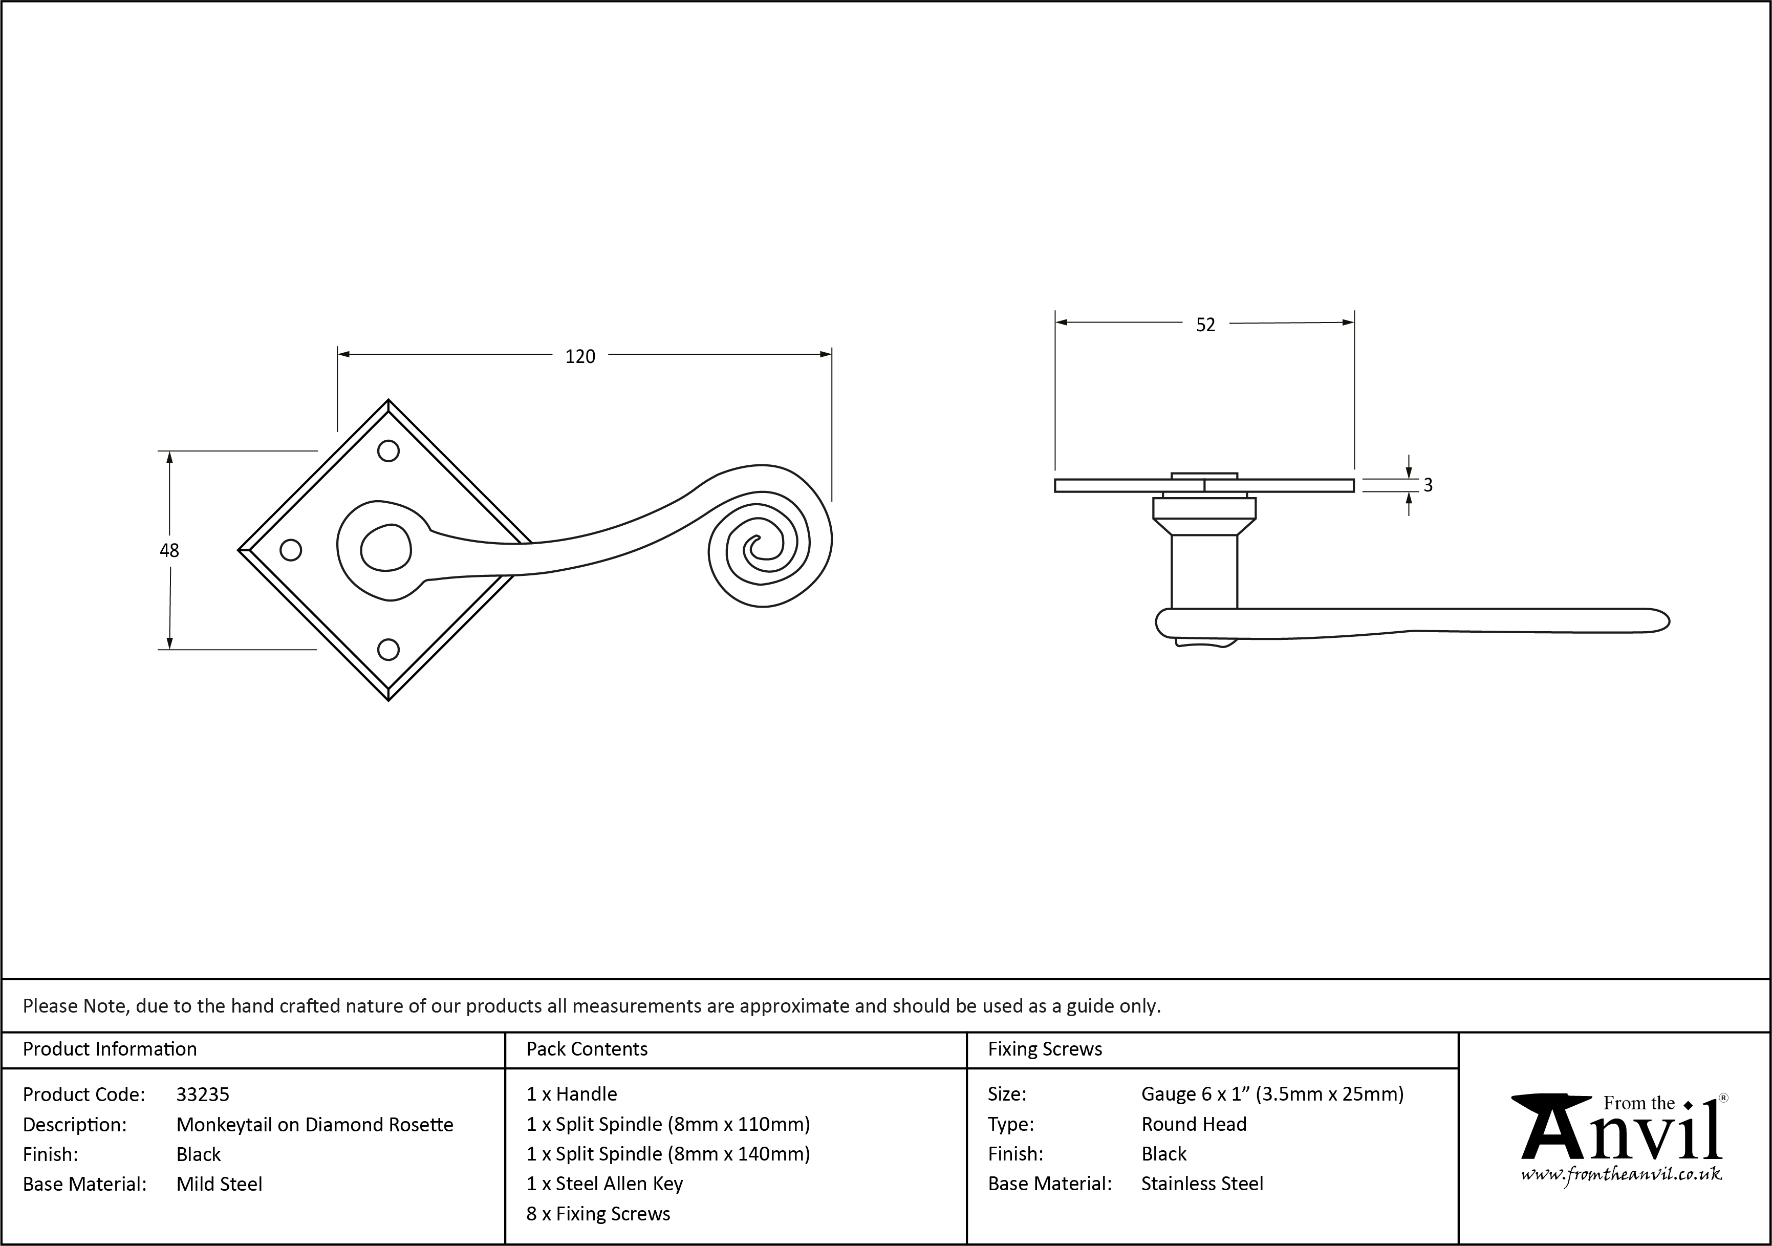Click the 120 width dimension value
580,357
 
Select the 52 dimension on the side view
1205,325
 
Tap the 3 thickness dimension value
1428,485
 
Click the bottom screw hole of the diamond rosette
388,649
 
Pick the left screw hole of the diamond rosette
290,550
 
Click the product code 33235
203,1094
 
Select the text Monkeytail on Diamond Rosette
315,1125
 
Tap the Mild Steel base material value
219,1184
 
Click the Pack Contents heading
587,1049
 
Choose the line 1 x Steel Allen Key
604,1184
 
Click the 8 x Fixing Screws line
598,1214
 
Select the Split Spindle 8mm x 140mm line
668,1154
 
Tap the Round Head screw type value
1194,1124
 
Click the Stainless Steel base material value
1202,1184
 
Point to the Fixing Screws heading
1045,1049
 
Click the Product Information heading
110,1049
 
